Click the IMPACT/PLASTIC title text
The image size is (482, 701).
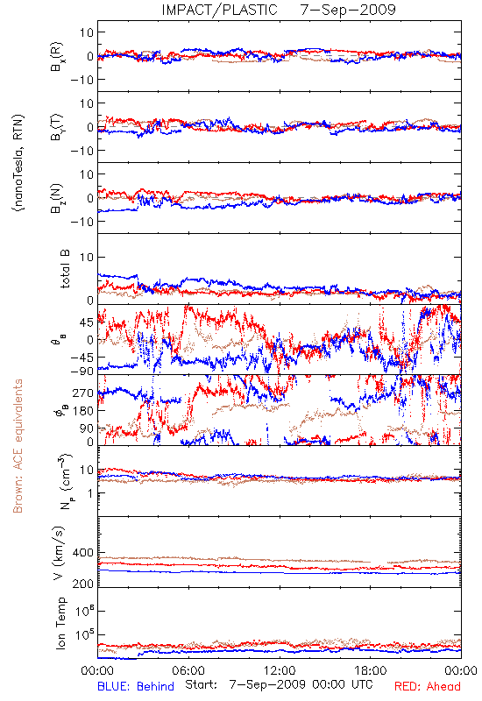tap(220, 10)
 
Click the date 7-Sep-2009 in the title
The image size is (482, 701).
tap(348, 10)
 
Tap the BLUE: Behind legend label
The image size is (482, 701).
tap(136, 686)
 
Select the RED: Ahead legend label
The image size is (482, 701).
tap(428, 686)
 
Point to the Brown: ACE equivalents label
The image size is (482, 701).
tap(18, 446)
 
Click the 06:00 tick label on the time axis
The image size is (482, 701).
tap(188, 670)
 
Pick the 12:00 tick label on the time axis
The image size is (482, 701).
tap(280, 670)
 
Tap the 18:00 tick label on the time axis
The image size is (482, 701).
tap(371, 670)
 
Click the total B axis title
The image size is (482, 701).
tap(65, 269)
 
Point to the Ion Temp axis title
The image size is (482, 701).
tap(60, 623)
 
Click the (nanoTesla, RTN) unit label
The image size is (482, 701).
tap(18, 162)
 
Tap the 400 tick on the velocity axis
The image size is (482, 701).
tap(82, 553)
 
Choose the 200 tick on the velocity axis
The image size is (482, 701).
tap(82, 584)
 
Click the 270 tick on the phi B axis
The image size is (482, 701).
tap(82, 393)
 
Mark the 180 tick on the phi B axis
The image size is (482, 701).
tap(82, 411)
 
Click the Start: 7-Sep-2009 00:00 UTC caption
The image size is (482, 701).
tap(279, 685)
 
